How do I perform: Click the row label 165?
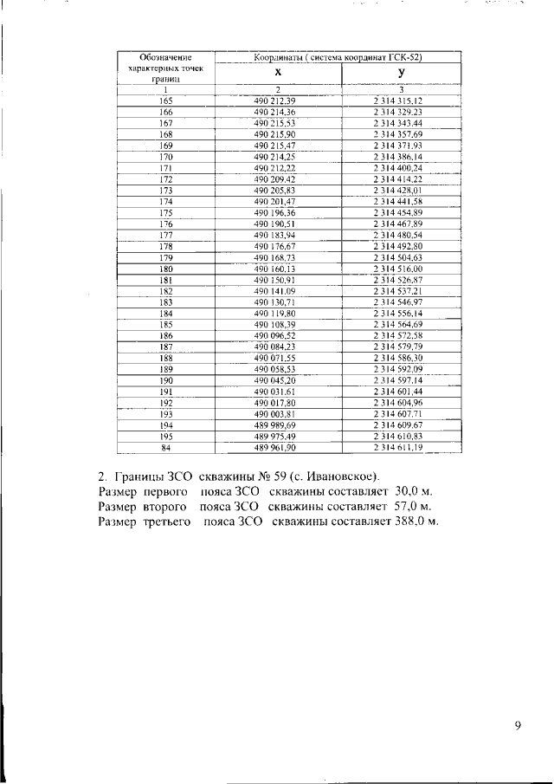[166, 101]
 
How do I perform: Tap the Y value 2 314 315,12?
[397, 101]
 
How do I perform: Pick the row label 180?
[166, 269]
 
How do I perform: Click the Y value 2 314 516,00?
[397, 269]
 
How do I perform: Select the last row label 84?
[166, 447]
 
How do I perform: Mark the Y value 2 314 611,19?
[397, 447]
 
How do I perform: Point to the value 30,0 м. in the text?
[413, 491]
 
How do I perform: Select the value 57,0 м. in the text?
[412, 505]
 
